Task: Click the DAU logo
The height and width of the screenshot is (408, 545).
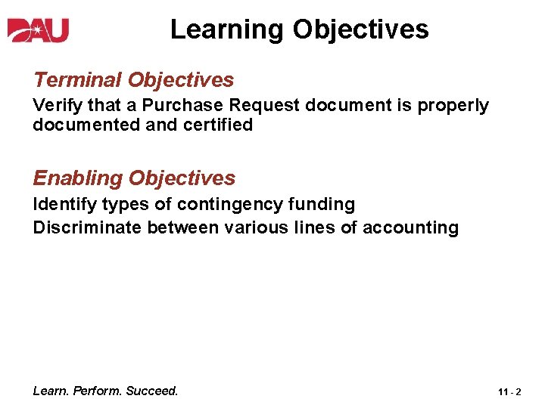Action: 39,30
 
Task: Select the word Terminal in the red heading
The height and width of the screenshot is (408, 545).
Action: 78,79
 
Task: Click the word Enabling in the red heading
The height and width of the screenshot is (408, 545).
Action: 77,178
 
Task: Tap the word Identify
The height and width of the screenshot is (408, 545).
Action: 62,204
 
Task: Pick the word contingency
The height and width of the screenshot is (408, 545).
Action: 228,204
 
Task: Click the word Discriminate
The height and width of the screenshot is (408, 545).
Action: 87,227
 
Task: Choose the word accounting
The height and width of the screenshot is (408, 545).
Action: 411,227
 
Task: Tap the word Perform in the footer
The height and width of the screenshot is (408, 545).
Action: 98,391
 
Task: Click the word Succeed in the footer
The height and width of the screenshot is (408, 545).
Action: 151,391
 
